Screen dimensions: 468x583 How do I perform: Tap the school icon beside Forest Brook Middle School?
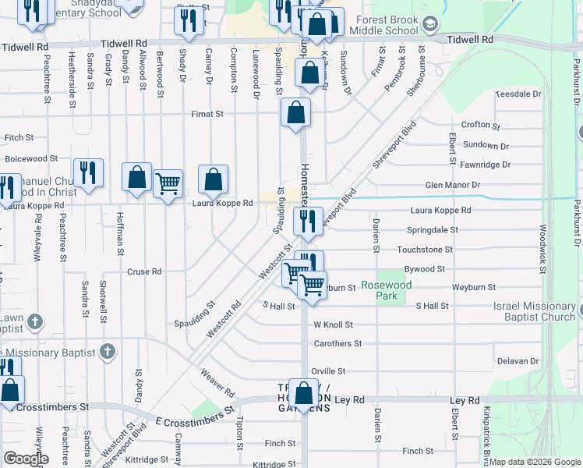(x=429, y=25)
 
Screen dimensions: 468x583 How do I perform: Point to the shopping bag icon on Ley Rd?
(x=304, y=392)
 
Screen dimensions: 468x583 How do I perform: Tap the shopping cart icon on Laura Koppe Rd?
(x=168, y=184)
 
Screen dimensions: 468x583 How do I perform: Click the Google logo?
(x=26, y=458)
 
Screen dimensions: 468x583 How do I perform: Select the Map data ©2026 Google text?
(x=534, y=462)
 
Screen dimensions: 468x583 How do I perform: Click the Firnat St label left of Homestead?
(x=208, y=114)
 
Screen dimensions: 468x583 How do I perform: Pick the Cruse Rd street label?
(x=145, y=272)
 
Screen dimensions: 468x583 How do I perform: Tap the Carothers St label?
(x=337, y=343)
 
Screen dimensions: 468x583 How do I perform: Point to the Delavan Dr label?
(x=518, y=361)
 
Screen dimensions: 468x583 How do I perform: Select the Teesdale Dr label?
(x=518, y=94)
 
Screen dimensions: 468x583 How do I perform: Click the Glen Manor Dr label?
(x=452, y=185)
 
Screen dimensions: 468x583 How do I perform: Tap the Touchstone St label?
(x=425, y=250)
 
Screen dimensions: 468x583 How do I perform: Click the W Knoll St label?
(x=334, y=324)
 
